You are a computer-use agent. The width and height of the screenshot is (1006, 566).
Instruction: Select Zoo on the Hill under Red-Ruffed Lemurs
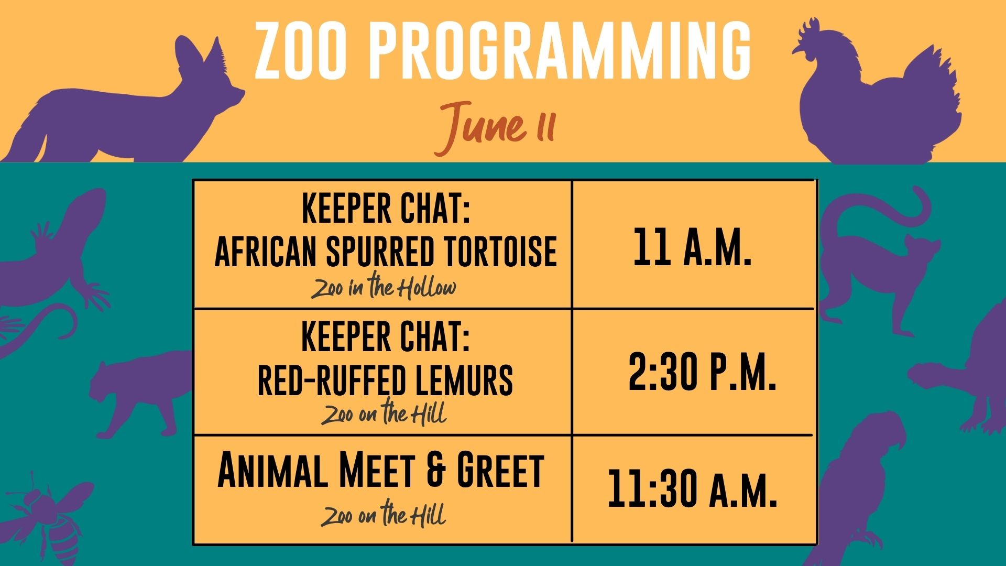[384, 413]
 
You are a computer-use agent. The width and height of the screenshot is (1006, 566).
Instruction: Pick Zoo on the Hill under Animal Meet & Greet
[384, 514]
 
